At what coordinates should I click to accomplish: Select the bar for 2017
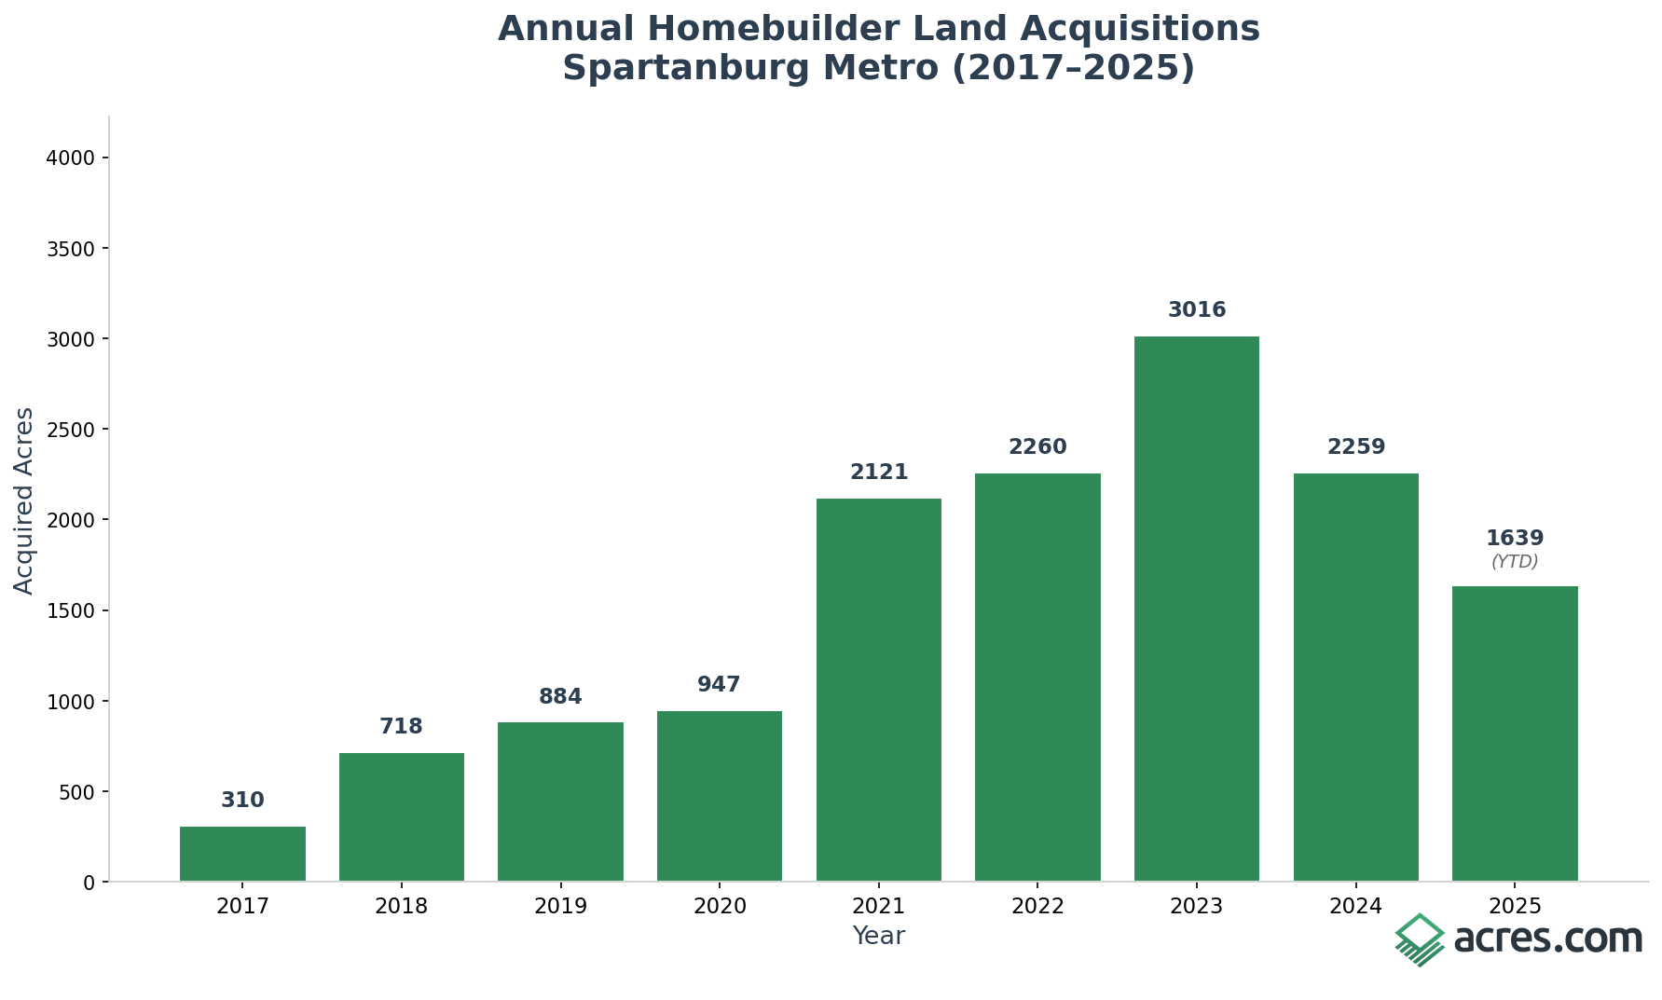click(x=242, y=854)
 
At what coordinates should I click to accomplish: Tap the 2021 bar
click(x=878, y=690)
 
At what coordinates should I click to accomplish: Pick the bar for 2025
click(x=1515, y=733)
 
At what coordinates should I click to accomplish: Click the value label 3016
click(x=1197, y=310)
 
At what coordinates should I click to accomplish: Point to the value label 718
click(x=401, y=727)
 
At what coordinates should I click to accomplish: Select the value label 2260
click(x=1037, y=447)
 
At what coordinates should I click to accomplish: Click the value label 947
click(x=719, y=685)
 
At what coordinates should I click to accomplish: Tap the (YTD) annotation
click(x=1515, y=562)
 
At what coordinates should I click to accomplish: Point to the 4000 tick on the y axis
click(x=71, y=158)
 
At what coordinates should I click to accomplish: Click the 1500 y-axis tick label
click(x=71, y=611)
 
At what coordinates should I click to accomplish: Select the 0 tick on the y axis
click(x=89, y=883)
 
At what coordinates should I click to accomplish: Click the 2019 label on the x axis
click(x=560, y=907)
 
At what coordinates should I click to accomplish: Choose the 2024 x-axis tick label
click(x=1355, y=907)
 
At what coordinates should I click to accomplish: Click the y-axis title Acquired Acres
click(x=24, y=500)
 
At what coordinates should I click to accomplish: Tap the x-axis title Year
click(x=878, y=937)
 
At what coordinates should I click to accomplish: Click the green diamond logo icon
click(x=1419, y=939)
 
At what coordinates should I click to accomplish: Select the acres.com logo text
click(x=1547, y=938)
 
